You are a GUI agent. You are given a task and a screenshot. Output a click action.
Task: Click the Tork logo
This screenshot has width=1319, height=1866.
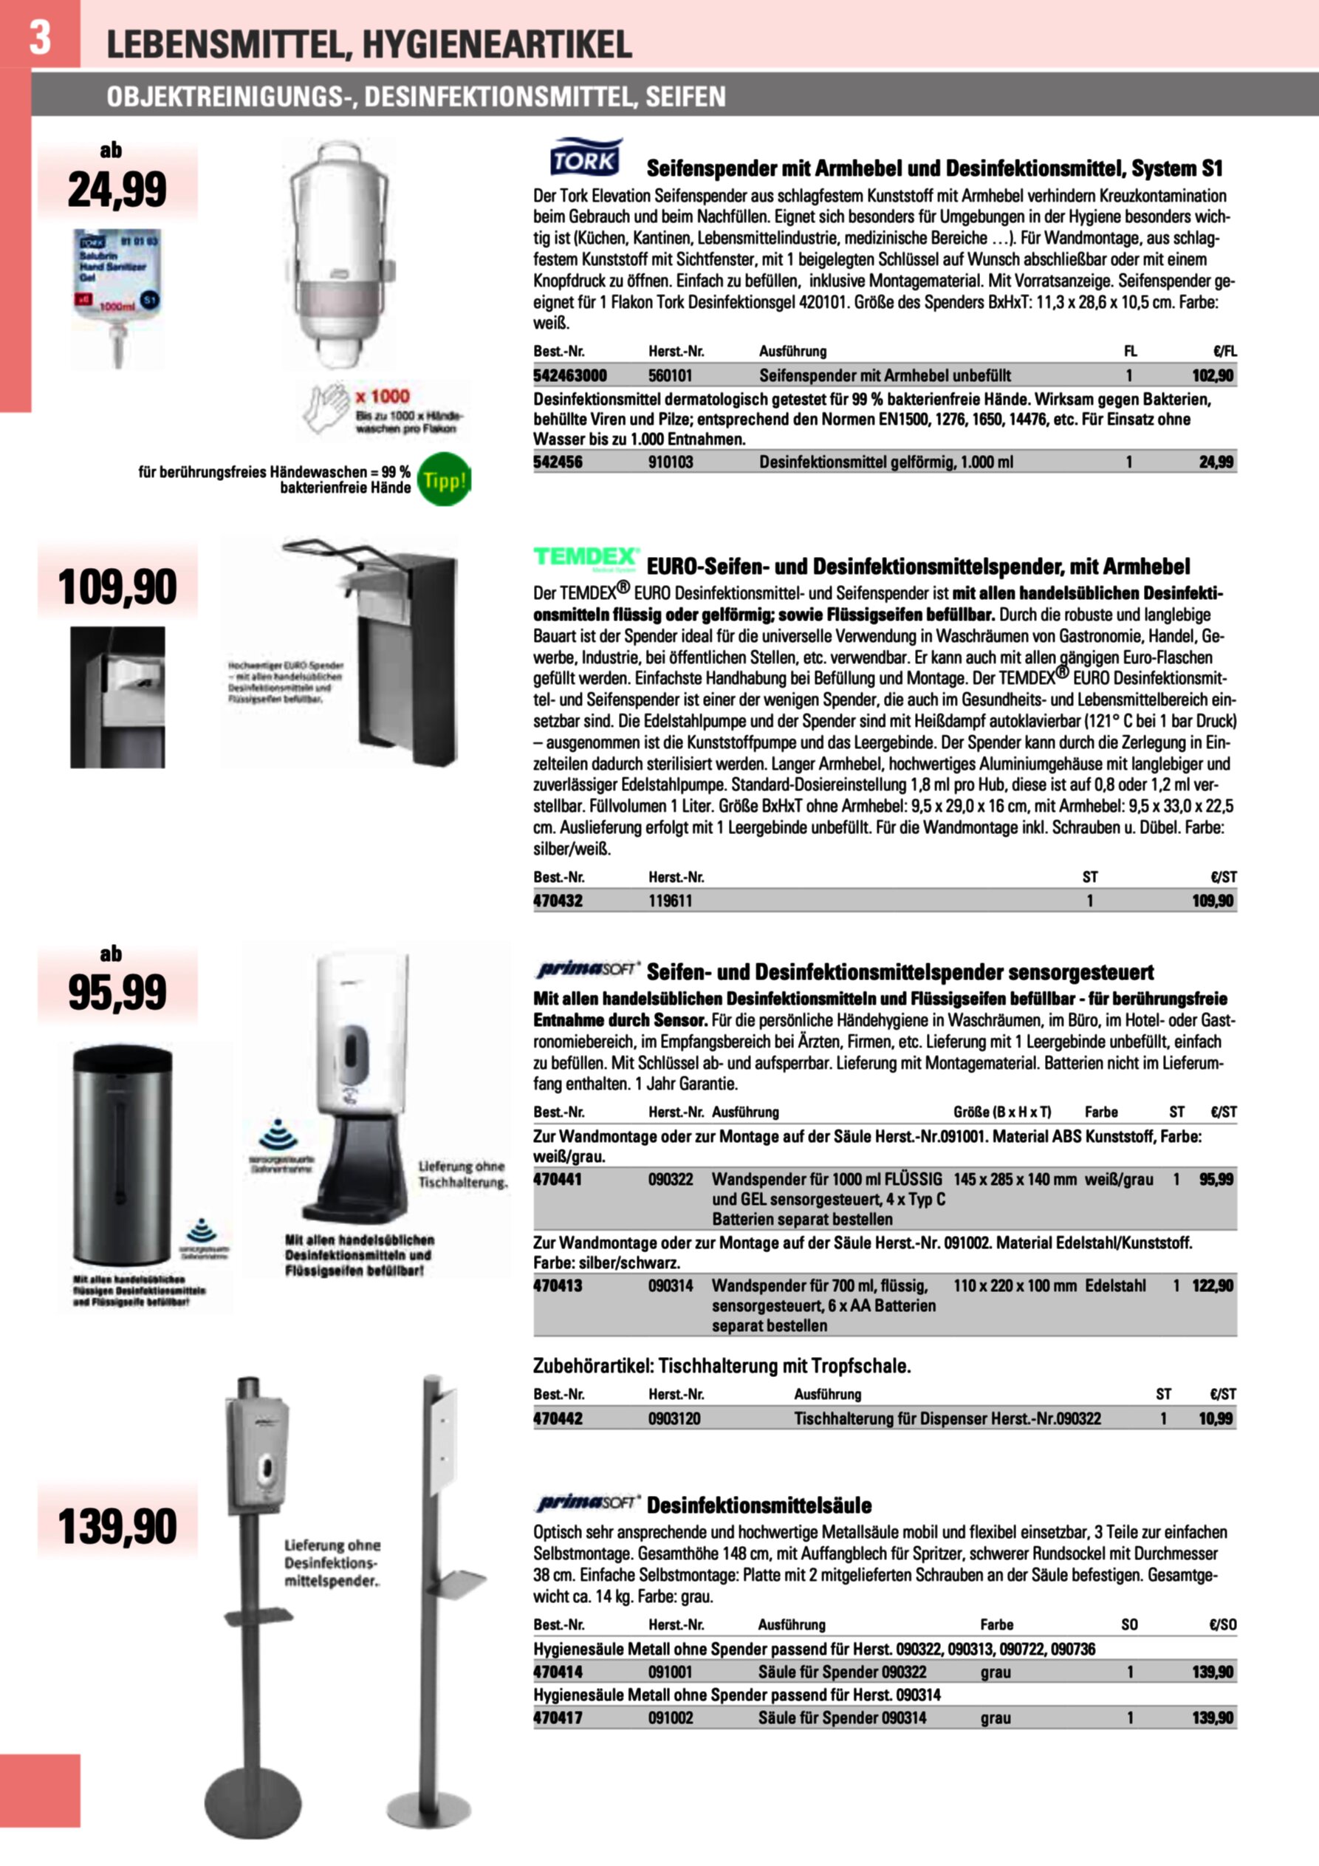point(585,159)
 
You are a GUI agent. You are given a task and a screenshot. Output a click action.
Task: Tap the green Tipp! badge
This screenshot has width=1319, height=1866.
point(444,479)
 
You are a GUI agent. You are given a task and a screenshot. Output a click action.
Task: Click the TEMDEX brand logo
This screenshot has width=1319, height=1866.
point(585,558)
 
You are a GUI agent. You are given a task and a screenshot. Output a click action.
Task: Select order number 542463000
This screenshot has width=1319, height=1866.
point(569,375)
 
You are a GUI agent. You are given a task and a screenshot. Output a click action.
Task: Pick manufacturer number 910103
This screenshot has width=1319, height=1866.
point(671,462)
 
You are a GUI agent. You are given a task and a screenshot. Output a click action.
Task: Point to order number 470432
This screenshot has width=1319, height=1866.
point(558,900)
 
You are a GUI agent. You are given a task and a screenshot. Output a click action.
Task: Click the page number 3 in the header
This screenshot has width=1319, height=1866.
point(40,37)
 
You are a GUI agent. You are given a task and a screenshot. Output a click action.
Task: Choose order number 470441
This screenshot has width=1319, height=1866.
point(558,1179)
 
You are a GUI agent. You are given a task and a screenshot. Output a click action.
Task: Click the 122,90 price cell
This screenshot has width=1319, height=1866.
point(1213,1285)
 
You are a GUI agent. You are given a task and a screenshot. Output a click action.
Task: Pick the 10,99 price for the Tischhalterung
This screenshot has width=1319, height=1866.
point(1216,1419)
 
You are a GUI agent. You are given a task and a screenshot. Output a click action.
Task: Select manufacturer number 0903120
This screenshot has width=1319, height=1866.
point(674,1419)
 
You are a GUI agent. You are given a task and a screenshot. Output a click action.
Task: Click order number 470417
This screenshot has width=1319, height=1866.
point(558,1718)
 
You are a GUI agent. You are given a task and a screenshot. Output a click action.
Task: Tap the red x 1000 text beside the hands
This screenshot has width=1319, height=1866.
point(382,397)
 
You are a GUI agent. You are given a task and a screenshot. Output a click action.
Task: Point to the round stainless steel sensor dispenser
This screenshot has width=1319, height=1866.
point(122,1154)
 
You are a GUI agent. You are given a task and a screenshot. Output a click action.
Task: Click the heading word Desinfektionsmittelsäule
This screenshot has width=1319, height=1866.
point(759,1506)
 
